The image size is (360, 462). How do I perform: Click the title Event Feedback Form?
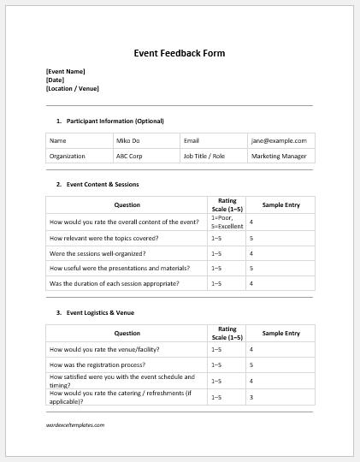(180, 53)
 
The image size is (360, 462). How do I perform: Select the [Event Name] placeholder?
(65, 71)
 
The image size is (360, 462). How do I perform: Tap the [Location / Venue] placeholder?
(72, 88)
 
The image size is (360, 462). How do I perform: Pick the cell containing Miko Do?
(127, 140)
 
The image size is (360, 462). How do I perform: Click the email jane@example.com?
(278, 140)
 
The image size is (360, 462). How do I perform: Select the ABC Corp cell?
(130, 157)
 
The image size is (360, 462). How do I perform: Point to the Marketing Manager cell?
(279, 157)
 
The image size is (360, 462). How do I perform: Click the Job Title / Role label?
(204, 157)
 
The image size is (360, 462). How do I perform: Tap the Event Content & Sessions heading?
(102, 184)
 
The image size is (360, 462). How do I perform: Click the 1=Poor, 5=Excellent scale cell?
(226, 222)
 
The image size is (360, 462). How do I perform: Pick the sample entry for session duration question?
(251, 283)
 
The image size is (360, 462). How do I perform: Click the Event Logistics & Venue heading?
(99, 312)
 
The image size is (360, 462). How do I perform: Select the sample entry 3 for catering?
(251, 397)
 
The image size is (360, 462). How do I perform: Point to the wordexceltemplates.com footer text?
(75, 425)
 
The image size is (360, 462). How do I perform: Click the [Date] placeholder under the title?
(55, 80)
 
